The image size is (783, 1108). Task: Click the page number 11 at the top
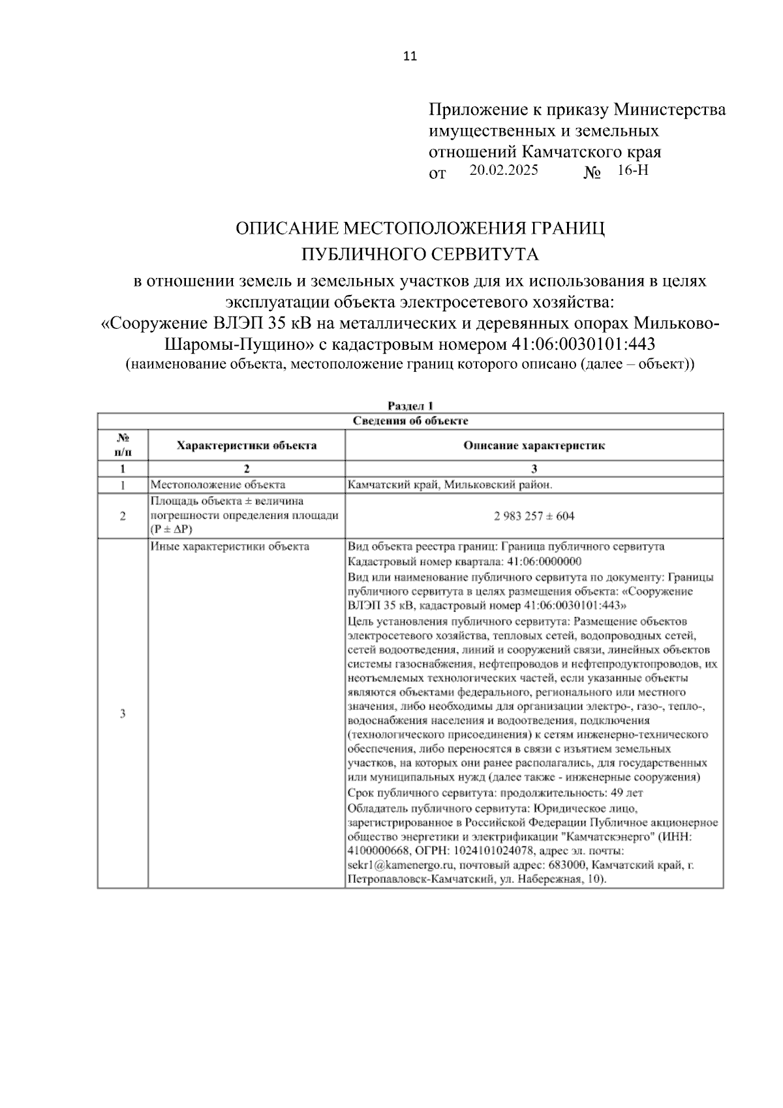pyautogui.click(x=410, y=56)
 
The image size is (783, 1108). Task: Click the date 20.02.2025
pyautogui.click(x=503, y=171)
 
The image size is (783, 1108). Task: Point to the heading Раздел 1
pyautogui.click(x=410, y=406)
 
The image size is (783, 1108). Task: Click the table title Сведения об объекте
pyautogui.click(x=410, y=421)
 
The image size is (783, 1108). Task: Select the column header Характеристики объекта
pyautogui.click(x=247, y=446)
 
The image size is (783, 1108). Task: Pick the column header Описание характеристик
pyautogui.click(x=534, y=446)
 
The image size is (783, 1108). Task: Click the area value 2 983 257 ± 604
pyautogui.click(x=534, y=516)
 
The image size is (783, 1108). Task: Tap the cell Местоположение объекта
pyautogui.click(x=218, y=485)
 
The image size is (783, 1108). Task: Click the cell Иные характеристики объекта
pyautogui.click(x=230, y=547)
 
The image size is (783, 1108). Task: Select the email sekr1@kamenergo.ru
pyautogui.click(x=401, y=865)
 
